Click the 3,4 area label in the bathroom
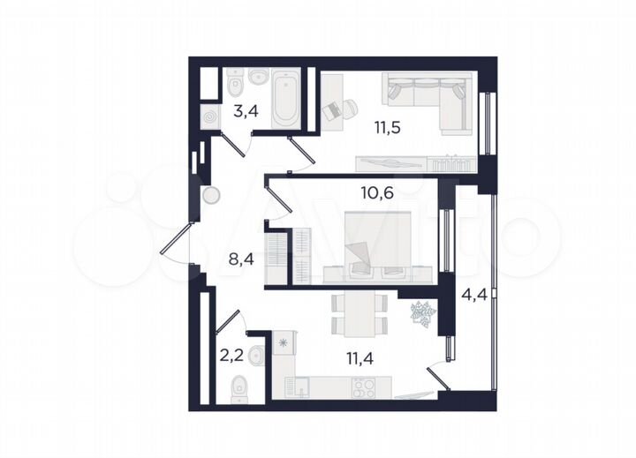pos(245,111)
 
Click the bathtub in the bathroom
pos(286,100)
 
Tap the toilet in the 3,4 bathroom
pos(234,86)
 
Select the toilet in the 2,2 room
pos(240,387)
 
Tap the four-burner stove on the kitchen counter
pos(365,387)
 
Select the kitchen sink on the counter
pos(301,387)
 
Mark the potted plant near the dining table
pos(420,313)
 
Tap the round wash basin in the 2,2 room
pos(256,356)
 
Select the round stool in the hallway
pos(212,197)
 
